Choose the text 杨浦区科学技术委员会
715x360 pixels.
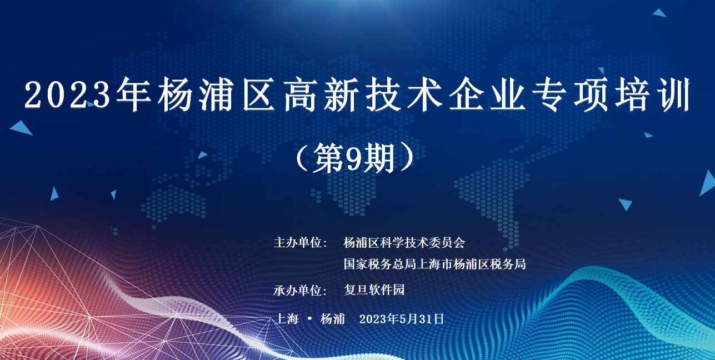coord(404,243)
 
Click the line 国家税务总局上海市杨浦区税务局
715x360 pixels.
coord(434,264)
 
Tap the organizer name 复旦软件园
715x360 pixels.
coord(374,290)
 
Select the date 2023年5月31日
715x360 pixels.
coord(402,319)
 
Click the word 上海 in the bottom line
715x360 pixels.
coord(287,318)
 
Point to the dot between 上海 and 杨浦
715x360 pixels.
coord(309,318)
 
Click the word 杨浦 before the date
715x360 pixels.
coord(333,318)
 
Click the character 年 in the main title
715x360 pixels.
coord(133,94)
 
